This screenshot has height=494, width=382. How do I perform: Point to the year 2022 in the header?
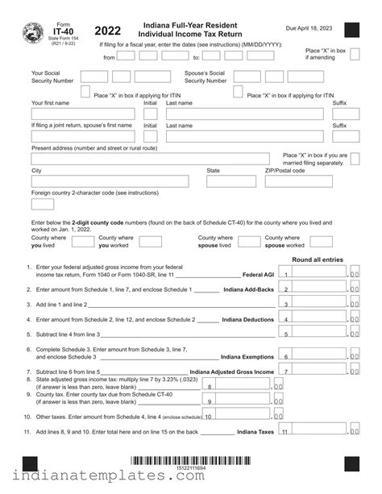coord(108,31)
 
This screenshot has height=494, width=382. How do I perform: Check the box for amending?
coord(351,56)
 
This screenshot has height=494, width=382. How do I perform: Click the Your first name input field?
coord(84,114)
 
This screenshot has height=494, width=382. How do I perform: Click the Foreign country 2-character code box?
coord(43,204)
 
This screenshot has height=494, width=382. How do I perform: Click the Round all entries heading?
coord(318,259)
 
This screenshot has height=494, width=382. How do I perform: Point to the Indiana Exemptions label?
coord(247,356)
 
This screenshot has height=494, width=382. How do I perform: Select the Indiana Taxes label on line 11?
coord(255,432)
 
